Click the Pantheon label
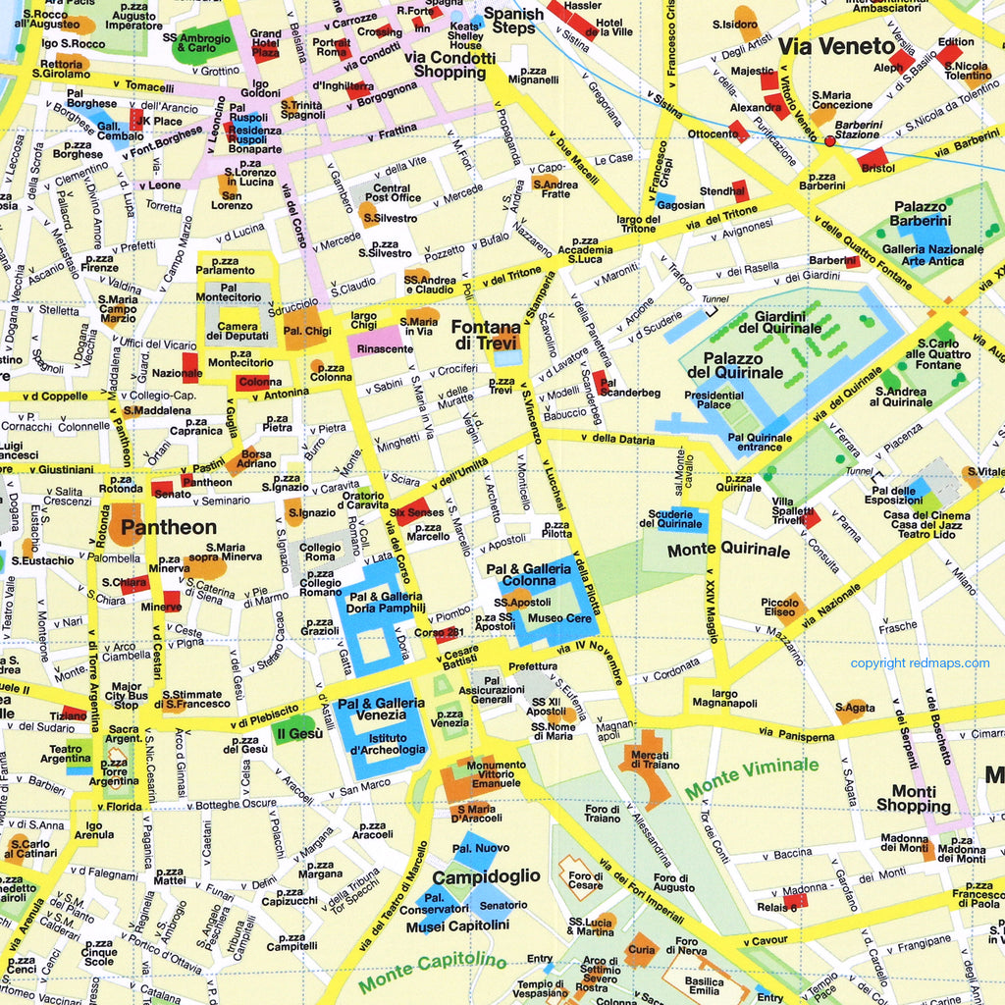point(168,527)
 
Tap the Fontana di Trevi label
point(486,335)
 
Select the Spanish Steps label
point(513,21)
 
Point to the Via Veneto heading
point(836,46)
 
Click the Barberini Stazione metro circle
point(829,141)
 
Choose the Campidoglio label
point(486,875)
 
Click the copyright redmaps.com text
point(920,663)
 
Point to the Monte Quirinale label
point(728,551)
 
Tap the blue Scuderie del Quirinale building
point(675,519)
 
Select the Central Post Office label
point(392,193)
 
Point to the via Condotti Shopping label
point(450,65)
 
